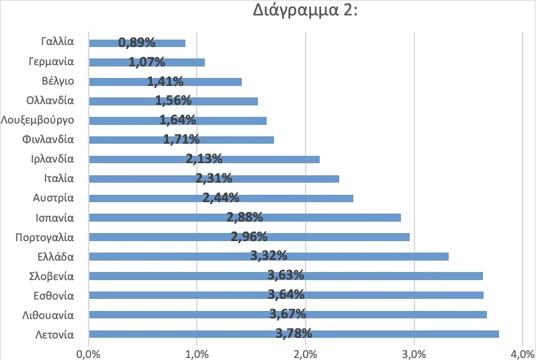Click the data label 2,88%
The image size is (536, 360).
point(244,217)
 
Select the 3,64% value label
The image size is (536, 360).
point(286,294)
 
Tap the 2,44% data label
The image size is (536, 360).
point(221,198)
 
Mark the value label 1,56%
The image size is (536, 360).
point(173,101)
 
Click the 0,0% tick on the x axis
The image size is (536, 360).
point(88,353)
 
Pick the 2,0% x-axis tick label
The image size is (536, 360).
point(306,353)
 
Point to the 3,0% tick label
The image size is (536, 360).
point(414,353)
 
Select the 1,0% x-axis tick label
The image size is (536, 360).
point(197,353)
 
